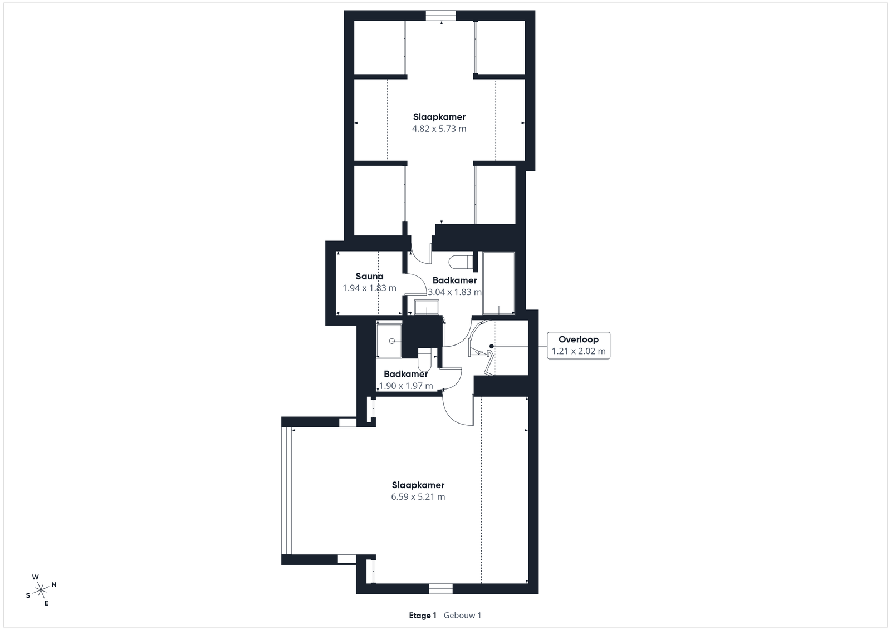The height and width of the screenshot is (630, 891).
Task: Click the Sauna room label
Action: tap(370, 276)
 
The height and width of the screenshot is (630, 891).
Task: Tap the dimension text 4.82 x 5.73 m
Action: tap(439, 129)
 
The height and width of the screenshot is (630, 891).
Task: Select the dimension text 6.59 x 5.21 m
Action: tap(418, 497)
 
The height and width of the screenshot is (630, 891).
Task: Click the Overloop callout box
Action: tap(579, 346)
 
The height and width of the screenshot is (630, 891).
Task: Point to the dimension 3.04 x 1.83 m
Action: tap(454, 292)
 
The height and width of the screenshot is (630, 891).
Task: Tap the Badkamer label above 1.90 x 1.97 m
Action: tap(406, 374)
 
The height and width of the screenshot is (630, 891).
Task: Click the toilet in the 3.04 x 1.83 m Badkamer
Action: tap(461, 262)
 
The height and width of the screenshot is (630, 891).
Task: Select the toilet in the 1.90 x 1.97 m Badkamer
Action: tap(424, 360)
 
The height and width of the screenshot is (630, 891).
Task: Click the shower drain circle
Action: tap(392, 341)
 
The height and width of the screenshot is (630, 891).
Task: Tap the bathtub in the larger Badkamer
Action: tap(499, 283)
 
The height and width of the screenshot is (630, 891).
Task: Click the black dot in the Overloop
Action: tap(492, 347)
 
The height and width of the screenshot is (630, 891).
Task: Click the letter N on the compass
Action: tap(54, 585)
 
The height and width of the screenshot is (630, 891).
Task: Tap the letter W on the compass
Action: tap(36, 577)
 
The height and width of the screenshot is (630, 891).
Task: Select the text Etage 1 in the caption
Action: tap(423, 616)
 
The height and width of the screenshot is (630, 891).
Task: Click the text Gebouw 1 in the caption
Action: tap(463, 616)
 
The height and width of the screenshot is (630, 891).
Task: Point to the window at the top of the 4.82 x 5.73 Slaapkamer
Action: tap(440, 16)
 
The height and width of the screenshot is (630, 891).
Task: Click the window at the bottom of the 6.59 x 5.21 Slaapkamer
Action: tap(440, 589)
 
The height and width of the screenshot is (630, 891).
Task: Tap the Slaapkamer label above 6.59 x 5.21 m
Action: tap(418, 485)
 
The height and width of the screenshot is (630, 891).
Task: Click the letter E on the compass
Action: tap(46, 603)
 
